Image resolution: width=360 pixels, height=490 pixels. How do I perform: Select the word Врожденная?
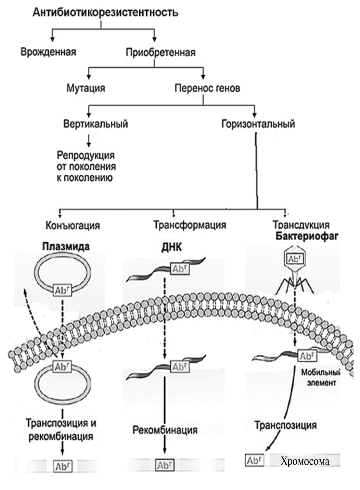pos(48,52)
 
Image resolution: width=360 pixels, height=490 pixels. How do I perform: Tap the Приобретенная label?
pos(161,52)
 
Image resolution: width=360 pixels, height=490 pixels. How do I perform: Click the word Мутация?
pos(86,88)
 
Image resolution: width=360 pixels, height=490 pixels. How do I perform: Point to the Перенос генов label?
pos(207,88)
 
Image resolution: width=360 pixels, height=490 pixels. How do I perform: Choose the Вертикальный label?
pos(96,124)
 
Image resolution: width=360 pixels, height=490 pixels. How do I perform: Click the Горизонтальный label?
pos(258,124)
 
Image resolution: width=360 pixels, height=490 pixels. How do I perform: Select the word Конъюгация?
pos(73,225)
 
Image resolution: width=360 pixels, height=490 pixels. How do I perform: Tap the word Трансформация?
pos(190,225)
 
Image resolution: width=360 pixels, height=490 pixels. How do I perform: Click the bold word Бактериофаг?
pos(307,236)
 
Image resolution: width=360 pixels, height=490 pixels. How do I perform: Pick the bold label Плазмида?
pos(66,247)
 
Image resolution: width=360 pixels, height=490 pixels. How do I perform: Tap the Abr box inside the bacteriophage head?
pos(294,259)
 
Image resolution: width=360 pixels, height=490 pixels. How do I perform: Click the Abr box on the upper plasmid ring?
pos(62,290)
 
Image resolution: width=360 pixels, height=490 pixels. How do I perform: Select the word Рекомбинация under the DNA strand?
pos(165,430)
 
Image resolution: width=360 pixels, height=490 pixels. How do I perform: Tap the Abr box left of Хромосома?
pos(255,460)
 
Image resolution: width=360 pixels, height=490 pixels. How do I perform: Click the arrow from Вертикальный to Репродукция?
pos(88,140)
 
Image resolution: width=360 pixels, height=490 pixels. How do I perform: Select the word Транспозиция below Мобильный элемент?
pos(285,425)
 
